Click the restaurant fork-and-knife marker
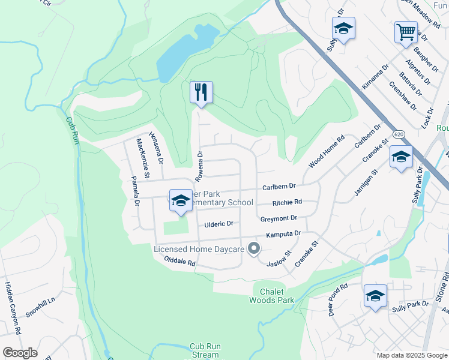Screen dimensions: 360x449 click(201, 92)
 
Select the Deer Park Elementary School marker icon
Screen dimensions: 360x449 click(180, 201)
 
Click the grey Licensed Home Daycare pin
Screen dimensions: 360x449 click(254, 248)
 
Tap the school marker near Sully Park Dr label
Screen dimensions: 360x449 click(375, 296)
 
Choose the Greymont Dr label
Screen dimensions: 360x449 click(279, 218)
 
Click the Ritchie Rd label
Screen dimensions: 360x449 click(287, 203)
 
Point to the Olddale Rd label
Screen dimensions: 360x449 click(180, 262)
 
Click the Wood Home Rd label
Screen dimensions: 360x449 click(327, 152)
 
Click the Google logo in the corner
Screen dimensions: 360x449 click(20, 353)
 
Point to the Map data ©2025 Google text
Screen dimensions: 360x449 click(411, 355)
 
